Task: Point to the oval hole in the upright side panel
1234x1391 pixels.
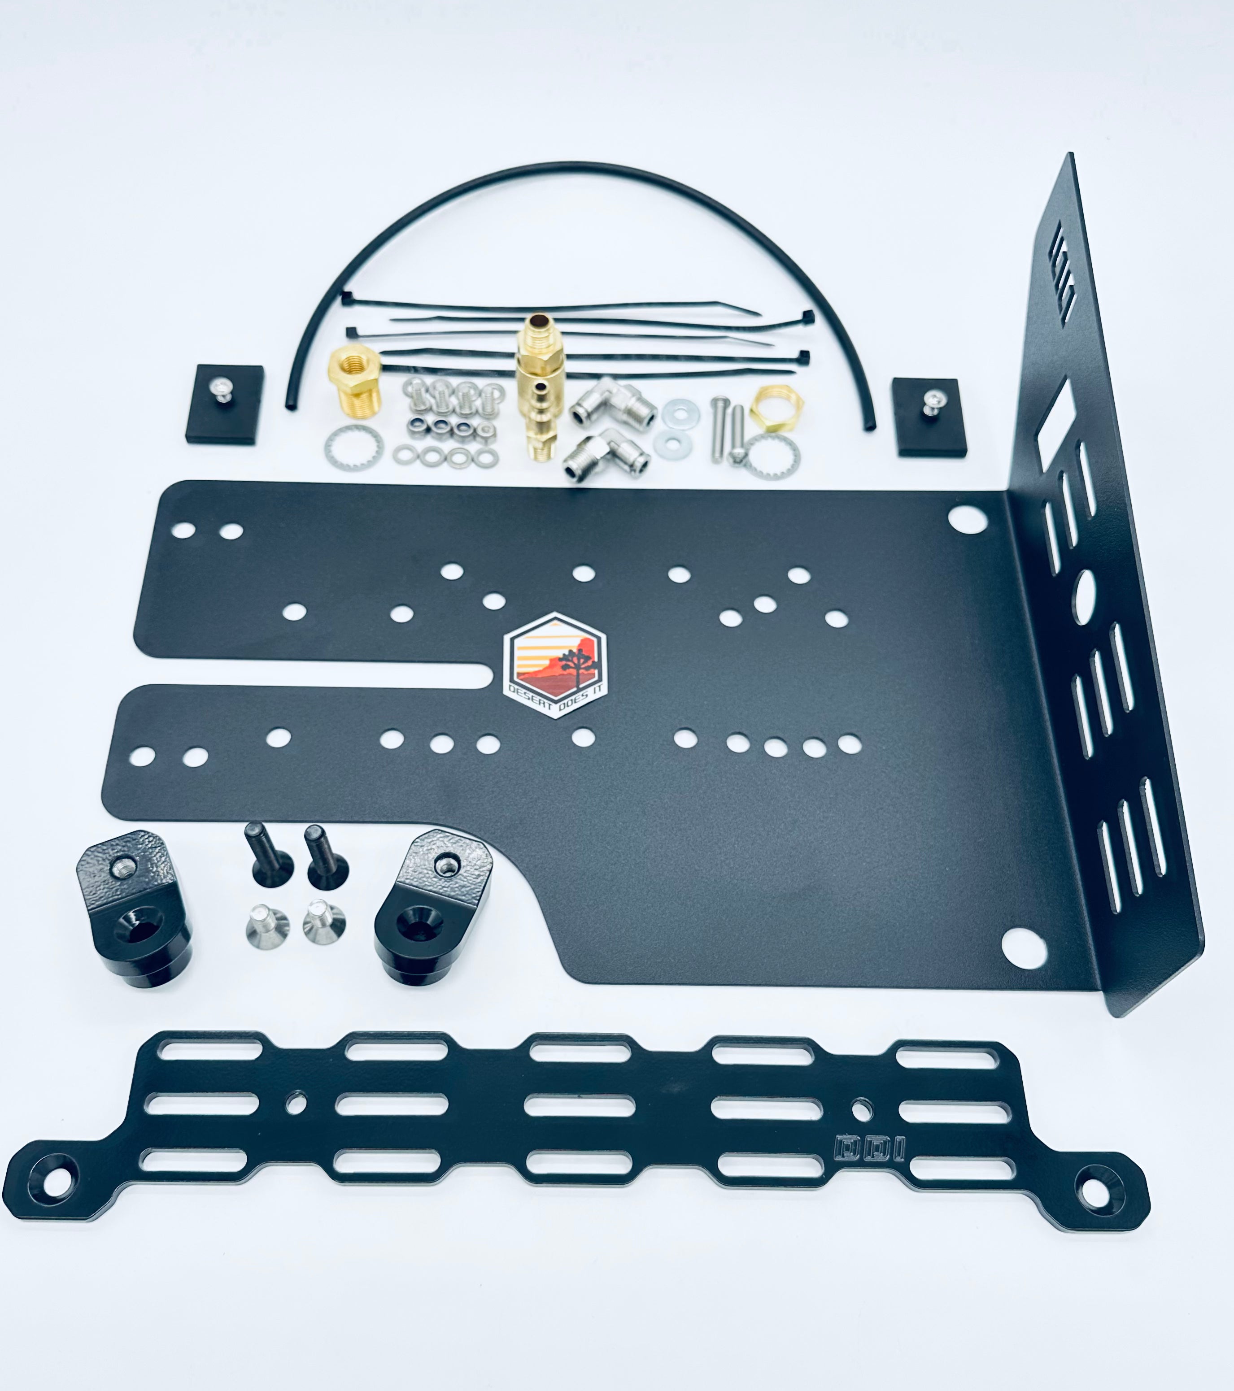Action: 1085,597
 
